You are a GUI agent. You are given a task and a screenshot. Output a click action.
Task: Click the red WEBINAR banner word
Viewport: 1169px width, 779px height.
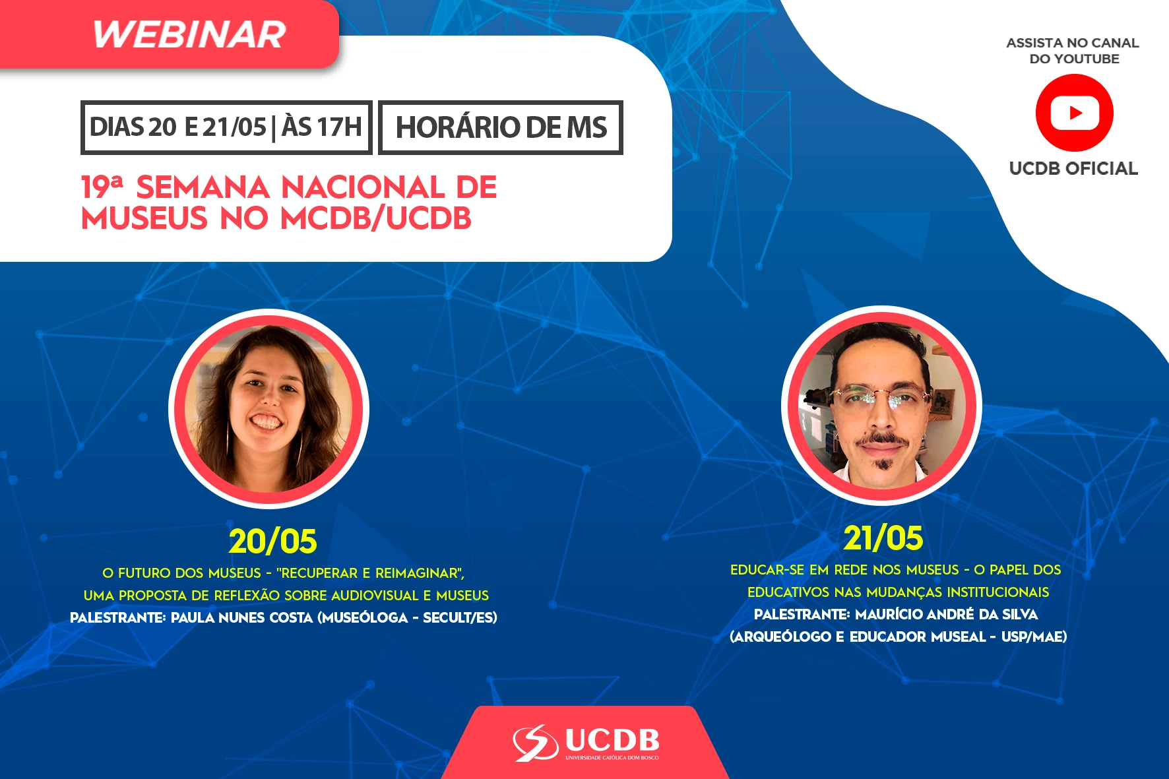(189, 34)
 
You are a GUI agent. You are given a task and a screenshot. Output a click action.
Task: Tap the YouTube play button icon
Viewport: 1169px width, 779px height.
(1075, 113)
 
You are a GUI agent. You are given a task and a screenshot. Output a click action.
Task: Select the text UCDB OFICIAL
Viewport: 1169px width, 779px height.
(1073, 169)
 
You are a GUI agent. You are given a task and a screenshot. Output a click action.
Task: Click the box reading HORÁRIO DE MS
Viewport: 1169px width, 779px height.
(501, 127)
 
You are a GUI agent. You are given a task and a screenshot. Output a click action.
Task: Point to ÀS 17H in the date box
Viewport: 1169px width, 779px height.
(322, 127)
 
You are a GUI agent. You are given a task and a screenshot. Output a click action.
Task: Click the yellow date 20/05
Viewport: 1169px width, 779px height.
(272, 542)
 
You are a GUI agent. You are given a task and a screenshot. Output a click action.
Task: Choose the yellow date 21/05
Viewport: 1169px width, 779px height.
(883, 538)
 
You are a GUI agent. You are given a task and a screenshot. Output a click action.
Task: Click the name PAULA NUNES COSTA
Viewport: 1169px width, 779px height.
(241, 618)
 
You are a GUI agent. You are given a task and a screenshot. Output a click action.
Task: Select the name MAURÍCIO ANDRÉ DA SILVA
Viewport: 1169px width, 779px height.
(946, 615)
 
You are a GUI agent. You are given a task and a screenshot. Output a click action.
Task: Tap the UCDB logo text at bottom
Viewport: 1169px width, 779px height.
(612, 740)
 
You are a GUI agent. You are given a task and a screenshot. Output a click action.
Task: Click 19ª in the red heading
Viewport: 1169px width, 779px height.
(102, 187)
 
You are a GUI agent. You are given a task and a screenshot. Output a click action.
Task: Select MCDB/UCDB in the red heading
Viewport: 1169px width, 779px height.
(376, 218)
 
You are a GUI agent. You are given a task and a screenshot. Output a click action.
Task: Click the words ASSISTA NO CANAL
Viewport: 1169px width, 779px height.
(1073, 43)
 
